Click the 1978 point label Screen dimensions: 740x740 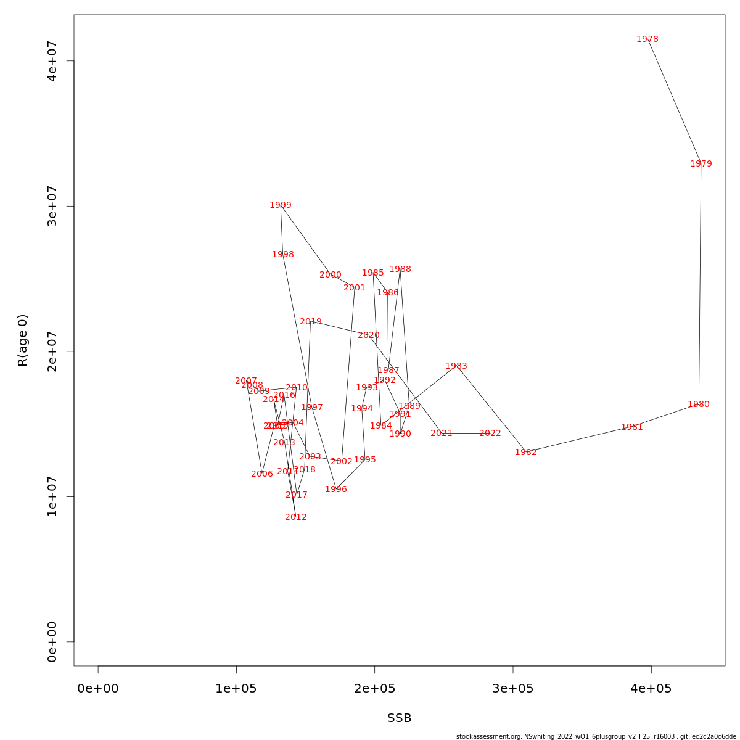[647, 39]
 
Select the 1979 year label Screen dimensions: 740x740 [701, 164]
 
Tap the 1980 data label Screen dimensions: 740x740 [699, 405]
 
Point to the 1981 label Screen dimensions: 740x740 [632, 427]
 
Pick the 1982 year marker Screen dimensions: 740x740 [526, 453]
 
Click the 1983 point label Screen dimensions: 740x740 [456, 366]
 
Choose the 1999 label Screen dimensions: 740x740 [281, 205]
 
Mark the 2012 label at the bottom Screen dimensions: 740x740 [296, 517]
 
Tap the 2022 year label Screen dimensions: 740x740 [490, 434]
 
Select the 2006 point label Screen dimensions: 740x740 [262, 474]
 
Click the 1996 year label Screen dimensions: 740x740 [336, 490]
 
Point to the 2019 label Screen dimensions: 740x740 [311, 322]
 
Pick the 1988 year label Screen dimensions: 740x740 [400, 269]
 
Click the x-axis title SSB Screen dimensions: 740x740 [400, 718]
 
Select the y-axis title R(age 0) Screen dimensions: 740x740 [23, 340]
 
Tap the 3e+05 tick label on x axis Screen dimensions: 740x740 [513, 689]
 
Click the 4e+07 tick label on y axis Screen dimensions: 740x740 [52, 61]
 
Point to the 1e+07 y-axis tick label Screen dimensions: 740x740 [52, 496]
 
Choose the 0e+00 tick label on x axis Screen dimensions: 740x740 [98, 689]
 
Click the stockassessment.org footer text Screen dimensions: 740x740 [596, 736]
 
